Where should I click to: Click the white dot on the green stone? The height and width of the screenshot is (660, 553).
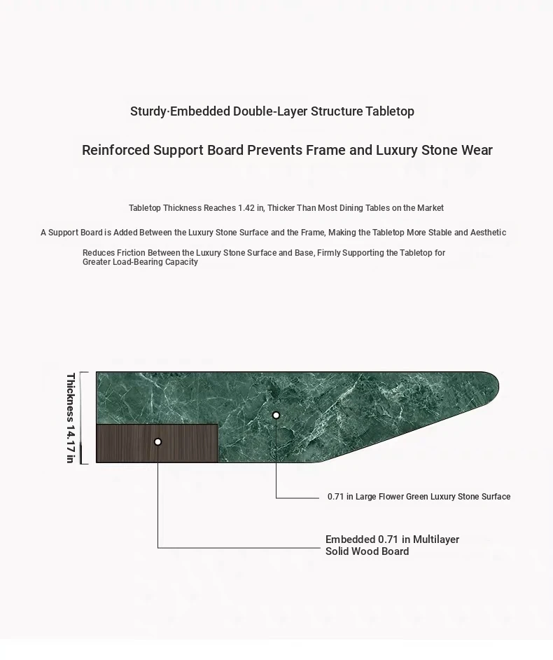coord(276,415)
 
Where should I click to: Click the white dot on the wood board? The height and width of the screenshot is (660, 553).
coord(157,441)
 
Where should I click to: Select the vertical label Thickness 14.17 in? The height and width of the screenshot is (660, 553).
coord(70,418)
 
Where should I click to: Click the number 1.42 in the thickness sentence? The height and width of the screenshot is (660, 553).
coord(246,208)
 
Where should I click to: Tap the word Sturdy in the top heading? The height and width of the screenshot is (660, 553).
coord(148,111)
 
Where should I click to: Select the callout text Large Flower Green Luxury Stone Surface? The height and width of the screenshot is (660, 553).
coord(433,497)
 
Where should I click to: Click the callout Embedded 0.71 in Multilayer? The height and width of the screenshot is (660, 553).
coord(392,539)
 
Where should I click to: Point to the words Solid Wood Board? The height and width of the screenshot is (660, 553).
coord(367,551)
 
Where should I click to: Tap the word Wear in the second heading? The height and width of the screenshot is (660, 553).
coord(477,151)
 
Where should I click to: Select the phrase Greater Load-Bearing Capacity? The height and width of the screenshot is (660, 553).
coord(140,262)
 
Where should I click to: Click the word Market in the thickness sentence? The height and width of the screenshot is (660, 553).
coord(430,208)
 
